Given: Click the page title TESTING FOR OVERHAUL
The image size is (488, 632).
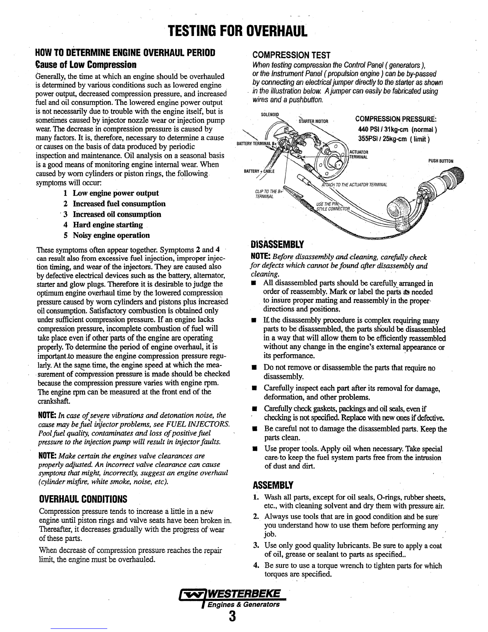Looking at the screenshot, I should (238, 30).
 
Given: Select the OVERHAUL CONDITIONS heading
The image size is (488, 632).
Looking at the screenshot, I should (83, 499).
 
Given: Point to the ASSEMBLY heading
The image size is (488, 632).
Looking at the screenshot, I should (273, 485).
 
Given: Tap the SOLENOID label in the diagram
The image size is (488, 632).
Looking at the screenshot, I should (270, 115).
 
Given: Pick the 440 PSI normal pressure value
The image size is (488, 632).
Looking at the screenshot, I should (397, 129).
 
